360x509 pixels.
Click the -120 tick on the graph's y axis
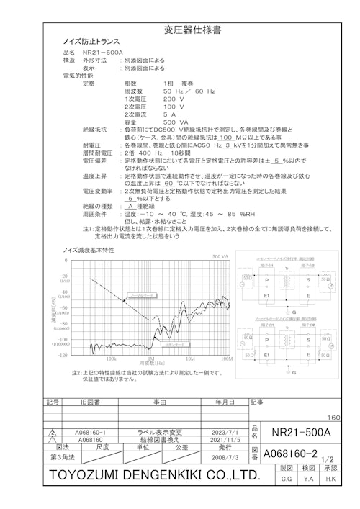pos(63,354)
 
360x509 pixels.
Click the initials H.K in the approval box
pos(330,479)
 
